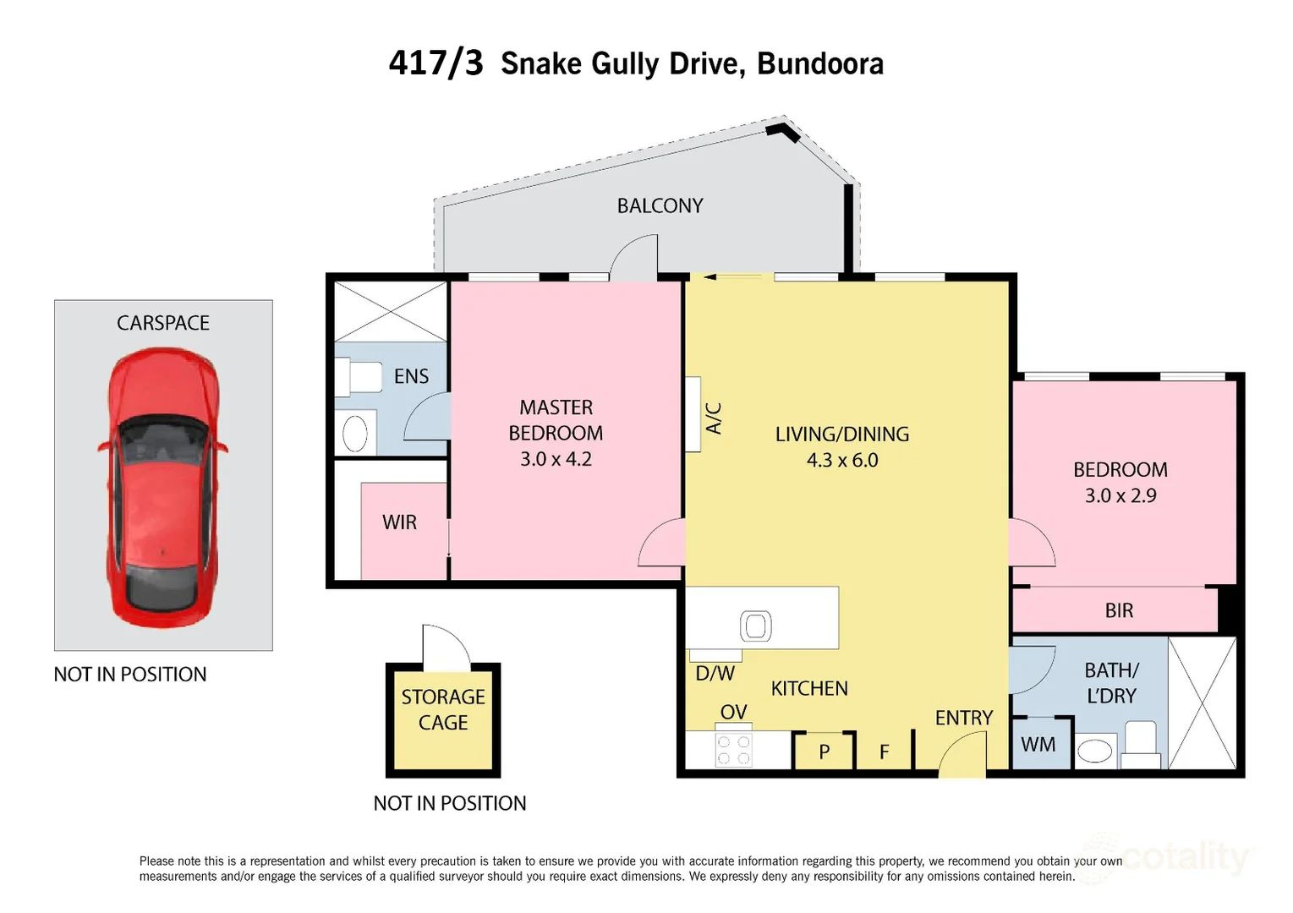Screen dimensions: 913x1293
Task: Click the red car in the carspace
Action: point(162,489)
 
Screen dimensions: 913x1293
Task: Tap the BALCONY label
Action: point(660,206)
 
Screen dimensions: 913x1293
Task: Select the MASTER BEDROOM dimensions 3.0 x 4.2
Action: point(556,459)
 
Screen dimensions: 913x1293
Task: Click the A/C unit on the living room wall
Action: point(693,414)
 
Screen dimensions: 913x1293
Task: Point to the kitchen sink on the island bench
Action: point(755,626)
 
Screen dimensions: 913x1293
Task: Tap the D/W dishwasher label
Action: point(715,674)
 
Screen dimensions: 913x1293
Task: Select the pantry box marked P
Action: point(825,752)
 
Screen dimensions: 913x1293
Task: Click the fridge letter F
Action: point(884,752)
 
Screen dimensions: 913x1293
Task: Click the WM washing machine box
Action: point(1038,745)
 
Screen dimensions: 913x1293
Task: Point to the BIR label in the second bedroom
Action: point(1119,610)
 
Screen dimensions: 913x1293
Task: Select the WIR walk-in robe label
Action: point(399,522)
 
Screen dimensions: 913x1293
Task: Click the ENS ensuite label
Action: point(411,376)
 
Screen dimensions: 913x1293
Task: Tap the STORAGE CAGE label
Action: point(443,709)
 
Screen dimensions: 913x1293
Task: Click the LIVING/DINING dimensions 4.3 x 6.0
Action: point(842,461)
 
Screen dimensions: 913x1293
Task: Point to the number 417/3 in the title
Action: point(436,63)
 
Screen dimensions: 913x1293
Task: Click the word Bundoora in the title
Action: point(819,64)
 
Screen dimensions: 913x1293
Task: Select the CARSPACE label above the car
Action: point(163,323)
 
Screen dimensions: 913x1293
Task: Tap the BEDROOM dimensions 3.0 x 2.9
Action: point(1120,496)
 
